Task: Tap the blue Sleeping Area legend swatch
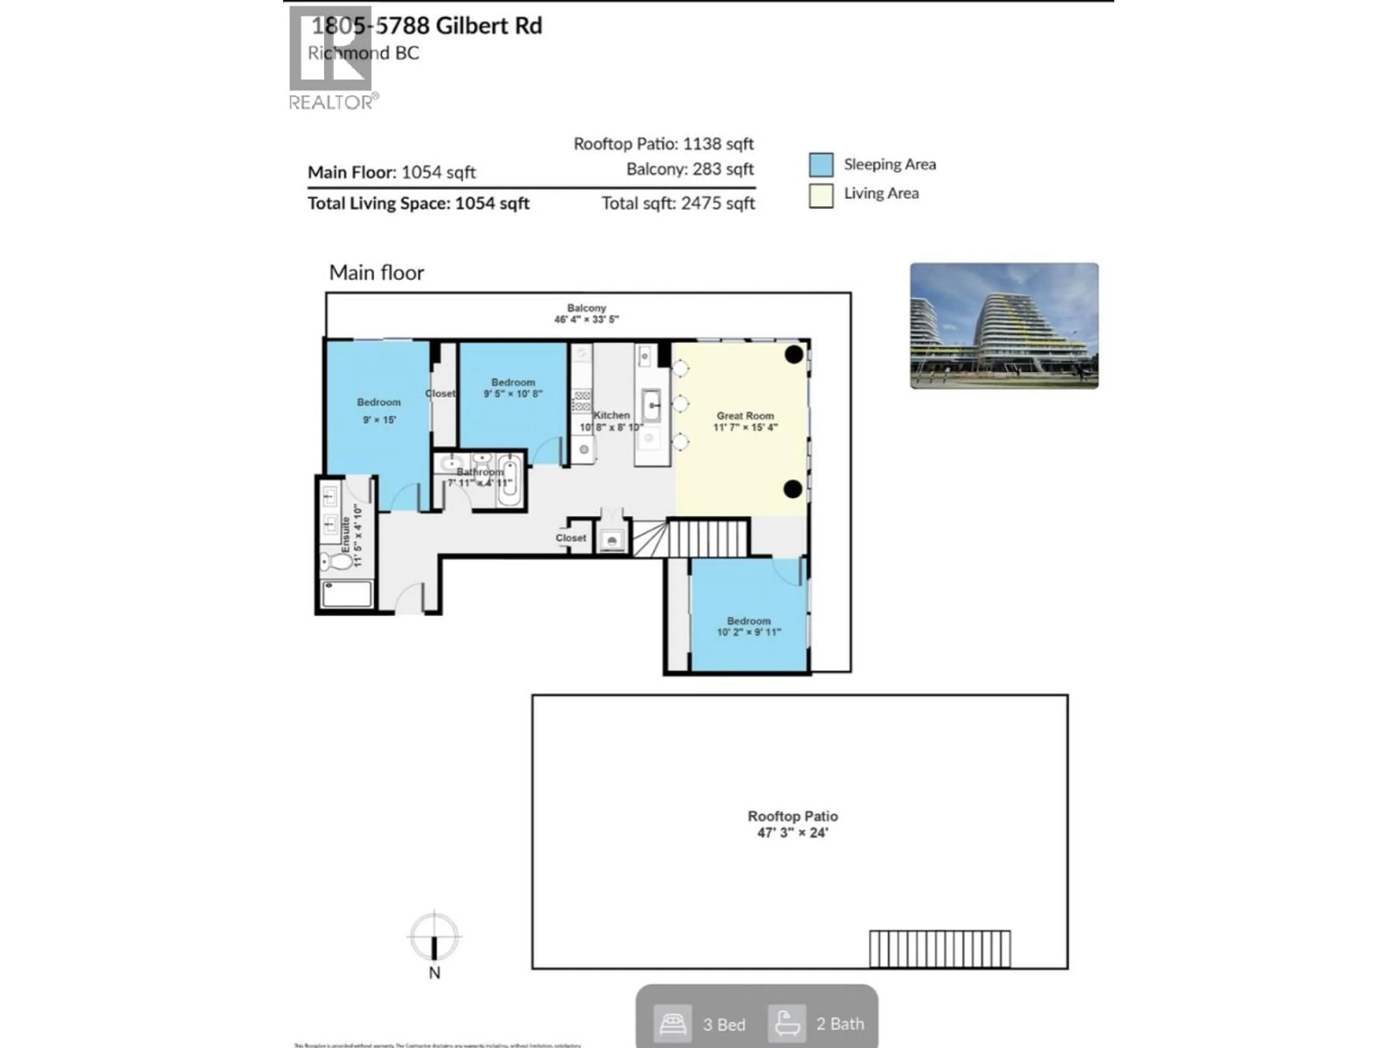pyautogui.click(x=820, y=165)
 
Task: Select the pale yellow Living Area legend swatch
pyautogui.click(x=820, y=195)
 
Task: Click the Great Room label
pyautogui.click(x=745, y=416)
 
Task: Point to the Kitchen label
pyautogui.click(x=611, y=415)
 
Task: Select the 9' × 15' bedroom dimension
pyautogui.click(x=379, y=420)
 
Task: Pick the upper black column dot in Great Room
pyautogui.click(x=794, y=354)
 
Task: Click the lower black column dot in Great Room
pyautogui.click(x=793, y=488)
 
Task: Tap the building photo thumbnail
pyautogui.click(x=1003, y=325)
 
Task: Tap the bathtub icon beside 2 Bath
pyautogui.click(x=786, y=1023)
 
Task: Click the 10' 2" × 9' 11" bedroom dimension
pyautogui.click(x=748, y=632)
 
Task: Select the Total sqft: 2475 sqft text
pyautogui.click(x=678, y=203)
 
